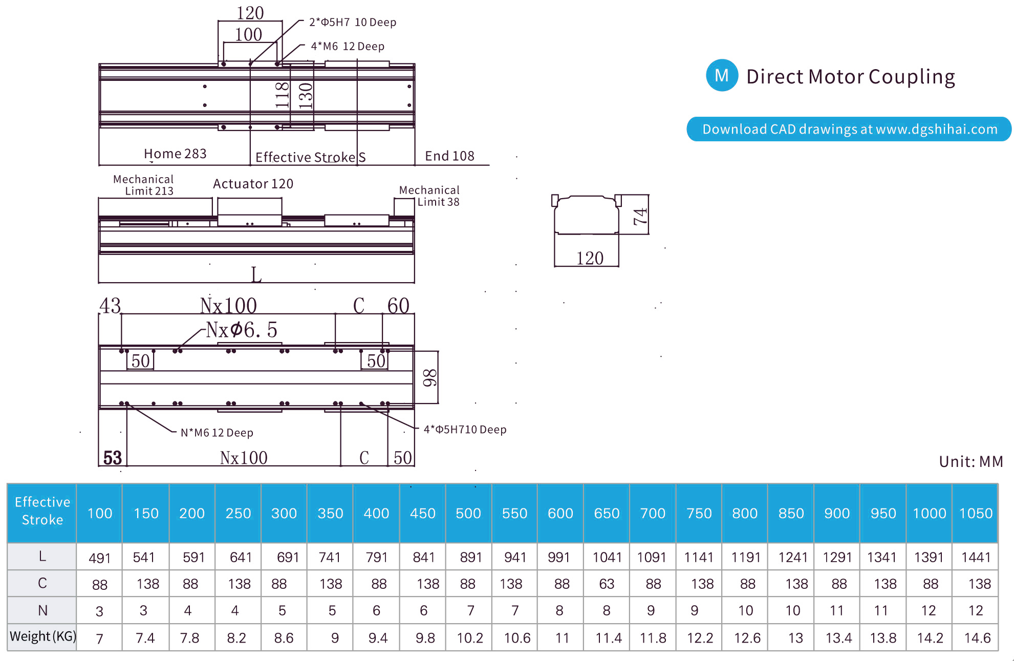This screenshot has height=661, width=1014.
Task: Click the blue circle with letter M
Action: click(x=722, y=75)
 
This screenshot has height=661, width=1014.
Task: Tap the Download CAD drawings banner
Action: click(x=849, y=129)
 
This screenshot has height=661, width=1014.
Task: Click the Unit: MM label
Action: click(x=971, y=461)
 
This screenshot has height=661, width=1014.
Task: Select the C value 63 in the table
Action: click(x=607, y=584)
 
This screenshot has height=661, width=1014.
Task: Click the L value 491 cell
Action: click(x=99, y=558)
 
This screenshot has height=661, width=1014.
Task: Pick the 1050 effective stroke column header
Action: click(x=976, y=513)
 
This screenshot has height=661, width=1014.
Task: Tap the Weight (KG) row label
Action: click(x=42, y=636)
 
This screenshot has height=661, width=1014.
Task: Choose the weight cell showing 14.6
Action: click(x=977, y=638)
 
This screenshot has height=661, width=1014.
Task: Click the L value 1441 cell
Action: click(x=976, y=557)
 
